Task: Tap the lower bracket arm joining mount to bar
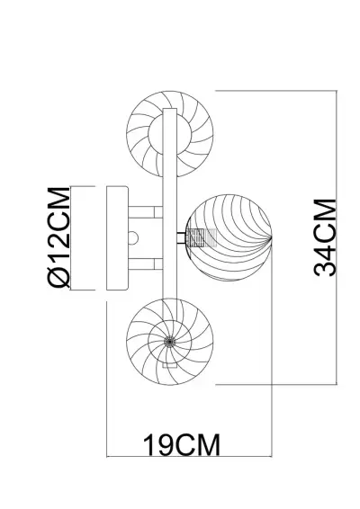[x=145, y=263]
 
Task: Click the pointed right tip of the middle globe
[x=272, y=238]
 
